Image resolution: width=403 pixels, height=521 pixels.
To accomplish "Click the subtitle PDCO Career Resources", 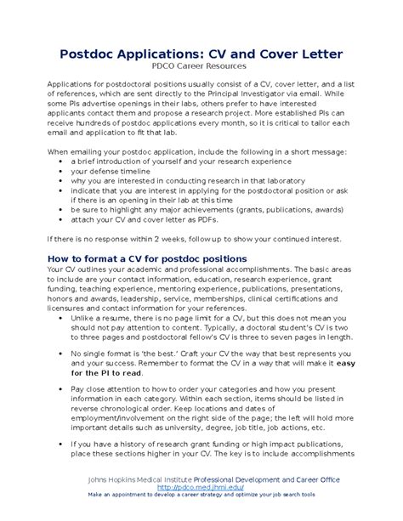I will point(201,65).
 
